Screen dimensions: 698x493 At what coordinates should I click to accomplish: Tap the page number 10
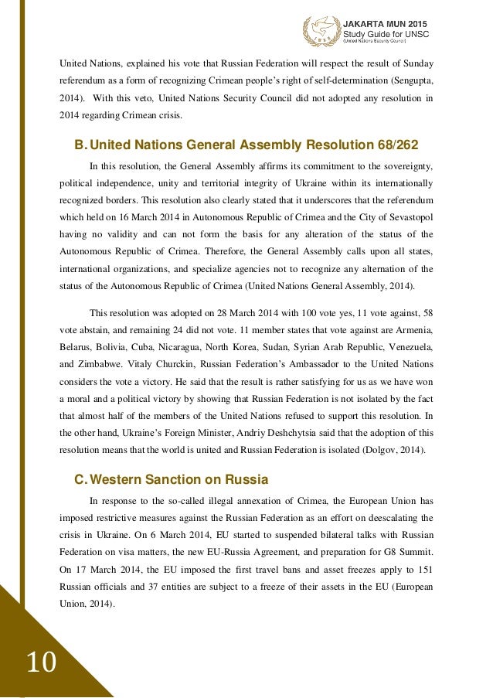(x=42, y=662)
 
